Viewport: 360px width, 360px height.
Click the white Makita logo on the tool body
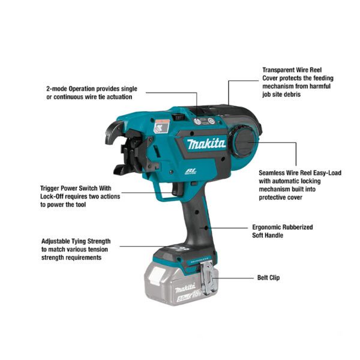pyautogui.click(x=206, y=144)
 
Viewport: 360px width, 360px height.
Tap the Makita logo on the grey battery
pyautogui.click(x=185, y=289)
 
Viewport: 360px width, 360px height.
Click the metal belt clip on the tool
pyautogui.click(x=208, y=278)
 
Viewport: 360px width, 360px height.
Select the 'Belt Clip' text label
pyautogui.click(x=268, y=278)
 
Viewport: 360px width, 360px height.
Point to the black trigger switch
pyautogui.click(x=178, y=189)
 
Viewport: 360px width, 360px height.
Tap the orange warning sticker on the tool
pyautogui.click(x=162, y=126)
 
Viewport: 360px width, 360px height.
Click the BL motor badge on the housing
pyautogui.click(x=191, y=172)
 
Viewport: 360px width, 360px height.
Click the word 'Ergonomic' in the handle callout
pyautogui.click(x=266, y=227)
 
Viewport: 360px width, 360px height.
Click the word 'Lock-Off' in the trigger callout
pyautogui.click(x=52, y=197)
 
